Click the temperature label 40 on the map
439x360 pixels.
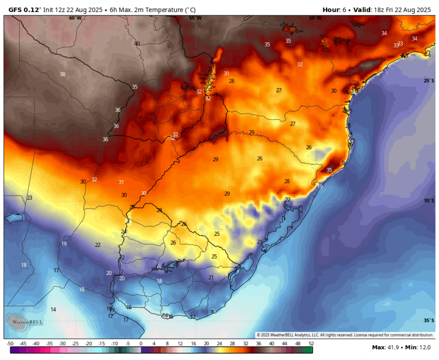[x=137, y=44]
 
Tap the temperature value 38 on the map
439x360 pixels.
[x=62, y=74]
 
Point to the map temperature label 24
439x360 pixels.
[x=123, y=232]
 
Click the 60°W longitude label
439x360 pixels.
[x=75, y=18]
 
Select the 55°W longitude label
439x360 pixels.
[x=195, y=18]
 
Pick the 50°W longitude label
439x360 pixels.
[x=315, y=18]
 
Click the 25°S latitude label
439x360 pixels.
[x=429, y=81]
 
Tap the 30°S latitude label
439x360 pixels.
[x=429, y=201]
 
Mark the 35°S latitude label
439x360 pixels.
[x=429, y=321]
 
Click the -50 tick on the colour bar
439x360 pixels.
[x=10, y=344]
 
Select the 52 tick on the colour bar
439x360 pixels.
[x=311, y=344]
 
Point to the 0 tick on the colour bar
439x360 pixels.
[x=141, y=344]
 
